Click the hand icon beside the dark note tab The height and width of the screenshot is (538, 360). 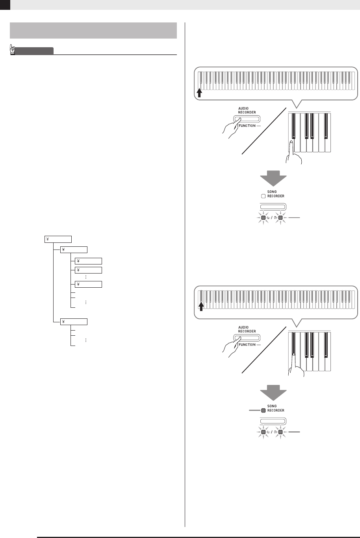point(13,50)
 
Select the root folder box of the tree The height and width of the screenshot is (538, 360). point(58,238)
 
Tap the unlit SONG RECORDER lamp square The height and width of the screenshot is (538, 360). point(262,196)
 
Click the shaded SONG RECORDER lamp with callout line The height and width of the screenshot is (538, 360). point(263,410)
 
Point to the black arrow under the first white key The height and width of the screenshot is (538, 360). point(200,92)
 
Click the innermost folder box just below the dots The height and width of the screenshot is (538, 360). point(88,284)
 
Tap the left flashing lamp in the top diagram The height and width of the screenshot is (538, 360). point(263,217)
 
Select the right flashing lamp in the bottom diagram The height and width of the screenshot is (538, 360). point(280,432)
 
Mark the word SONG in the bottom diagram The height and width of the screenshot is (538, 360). point(271,406)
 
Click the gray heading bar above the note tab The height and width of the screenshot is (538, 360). point(93,30)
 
